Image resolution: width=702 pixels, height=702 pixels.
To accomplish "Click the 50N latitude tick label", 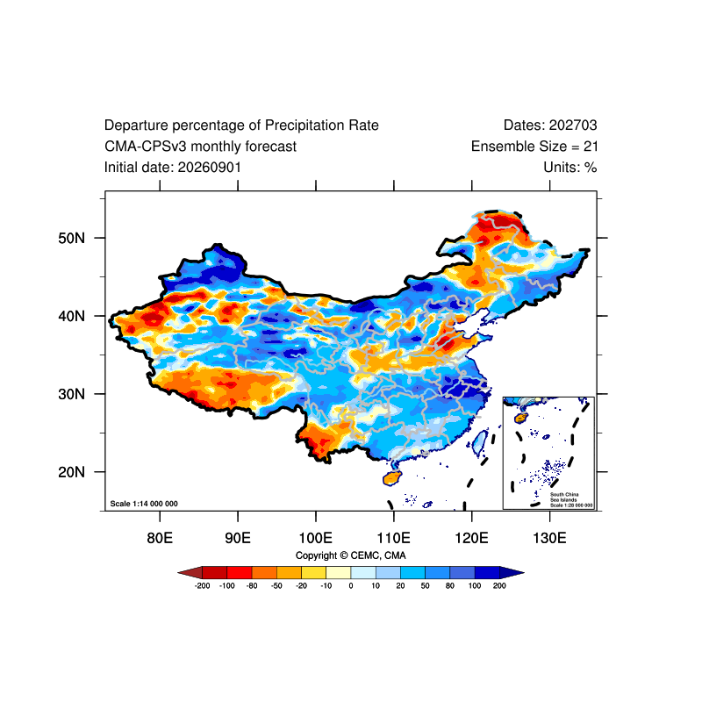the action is [x=71, y=238].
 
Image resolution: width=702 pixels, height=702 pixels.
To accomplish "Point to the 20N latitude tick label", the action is [x=71, y=472].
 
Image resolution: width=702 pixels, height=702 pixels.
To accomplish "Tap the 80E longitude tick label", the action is [x=160, y=538].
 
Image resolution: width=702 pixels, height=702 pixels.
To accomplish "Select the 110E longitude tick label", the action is [x=393, y=538].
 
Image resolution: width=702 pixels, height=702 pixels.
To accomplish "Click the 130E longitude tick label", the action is [x=549, y=538].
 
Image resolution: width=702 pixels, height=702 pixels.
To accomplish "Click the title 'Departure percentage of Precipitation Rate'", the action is [x=241, y=125].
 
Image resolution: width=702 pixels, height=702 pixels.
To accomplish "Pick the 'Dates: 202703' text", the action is [x=550, y=125].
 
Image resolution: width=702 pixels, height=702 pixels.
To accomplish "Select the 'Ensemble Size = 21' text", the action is [x=534, y=147].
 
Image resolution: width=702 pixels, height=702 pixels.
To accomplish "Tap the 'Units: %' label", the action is [x=569, y=168].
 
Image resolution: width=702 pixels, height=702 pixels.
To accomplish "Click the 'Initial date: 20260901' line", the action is [x=173, y=168].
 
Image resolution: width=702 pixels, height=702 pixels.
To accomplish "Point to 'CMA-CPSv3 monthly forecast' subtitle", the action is [x=201, y=147].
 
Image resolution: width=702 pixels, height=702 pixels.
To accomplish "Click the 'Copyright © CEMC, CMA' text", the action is [x=350, y=555].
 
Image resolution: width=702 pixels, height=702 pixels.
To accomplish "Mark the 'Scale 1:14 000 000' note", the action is [x=144, y=504].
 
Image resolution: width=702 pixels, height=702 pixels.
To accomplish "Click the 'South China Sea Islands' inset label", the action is [x=564, y=497].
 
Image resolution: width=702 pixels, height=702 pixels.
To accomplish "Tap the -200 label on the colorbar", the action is [x=203, y=585].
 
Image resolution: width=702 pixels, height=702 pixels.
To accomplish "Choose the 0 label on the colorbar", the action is [x=351, y=585].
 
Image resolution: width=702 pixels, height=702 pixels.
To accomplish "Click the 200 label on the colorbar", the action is [x=499, y=585].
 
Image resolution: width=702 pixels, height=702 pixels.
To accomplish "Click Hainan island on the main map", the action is [x=392, y=477].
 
